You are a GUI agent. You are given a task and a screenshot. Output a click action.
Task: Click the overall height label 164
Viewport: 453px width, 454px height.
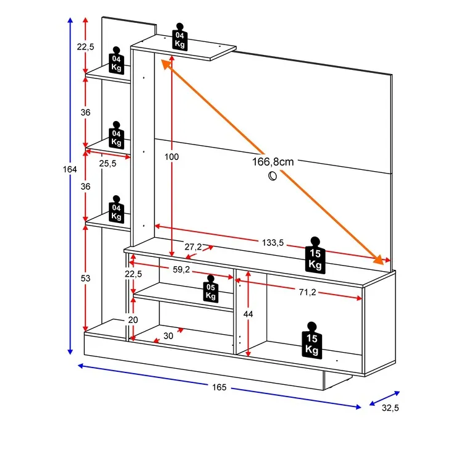click(70, 169)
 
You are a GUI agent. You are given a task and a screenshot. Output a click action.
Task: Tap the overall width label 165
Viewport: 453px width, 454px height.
click(219, 387)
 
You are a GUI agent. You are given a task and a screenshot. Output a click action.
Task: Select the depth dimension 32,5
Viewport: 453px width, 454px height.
click(390, 408)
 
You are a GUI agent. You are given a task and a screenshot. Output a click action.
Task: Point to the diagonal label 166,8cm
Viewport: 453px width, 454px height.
click(273, 162)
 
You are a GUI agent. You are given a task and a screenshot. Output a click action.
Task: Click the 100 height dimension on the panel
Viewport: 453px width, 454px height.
click(171, 157)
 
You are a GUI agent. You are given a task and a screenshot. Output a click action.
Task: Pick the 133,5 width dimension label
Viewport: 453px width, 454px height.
click(273, 243)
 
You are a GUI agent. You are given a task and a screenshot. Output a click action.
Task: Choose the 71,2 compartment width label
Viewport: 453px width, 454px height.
click(307, 292)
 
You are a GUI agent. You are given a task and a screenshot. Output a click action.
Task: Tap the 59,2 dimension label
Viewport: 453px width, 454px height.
click(181, 269)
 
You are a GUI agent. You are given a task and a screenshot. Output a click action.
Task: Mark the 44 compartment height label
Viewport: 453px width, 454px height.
click(248, 314)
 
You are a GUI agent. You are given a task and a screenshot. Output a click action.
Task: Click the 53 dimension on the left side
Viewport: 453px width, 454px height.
click(85, 278)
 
